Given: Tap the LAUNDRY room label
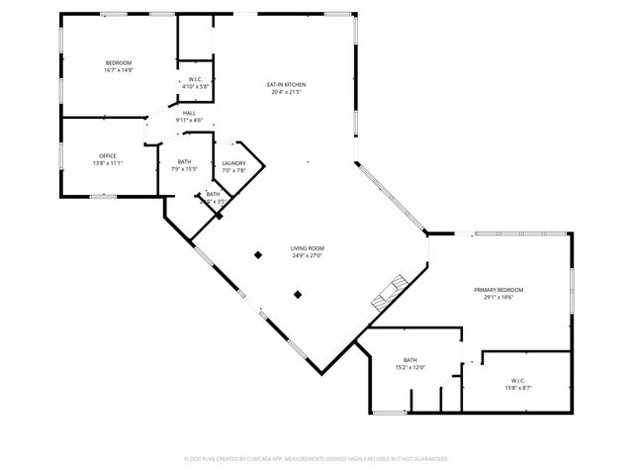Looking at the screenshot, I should pos(233,163).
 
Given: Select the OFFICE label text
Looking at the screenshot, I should pos(107,156).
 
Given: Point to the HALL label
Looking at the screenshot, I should pos(188,113).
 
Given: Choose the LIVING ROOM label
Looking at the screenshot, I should pos(307,248).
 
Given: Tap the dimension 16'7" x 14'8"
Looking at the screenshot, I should pos(118,70).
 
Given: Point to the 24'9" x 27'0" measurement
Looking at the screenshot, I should pos(307,255).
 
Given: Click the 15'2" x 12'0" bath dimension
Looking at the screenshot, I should pos(410,367).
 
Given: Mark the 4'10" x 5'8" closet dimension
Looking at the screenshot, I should pos(195,86).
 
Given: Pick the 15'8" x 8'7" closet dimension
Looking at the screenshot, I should pos(518,388).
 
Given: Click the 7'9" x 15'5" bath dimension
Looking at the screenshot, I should pos(184,169).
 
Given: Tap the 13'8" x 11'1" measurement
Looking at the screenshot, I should pos(107,163).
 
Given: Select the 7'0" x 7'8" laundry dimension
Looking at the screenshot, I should pos(233,170).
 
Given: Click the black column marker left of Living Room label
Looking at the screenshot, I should pos(258,254).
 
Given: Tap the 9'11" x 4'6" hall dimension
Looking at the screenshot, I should pos(188,120).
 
